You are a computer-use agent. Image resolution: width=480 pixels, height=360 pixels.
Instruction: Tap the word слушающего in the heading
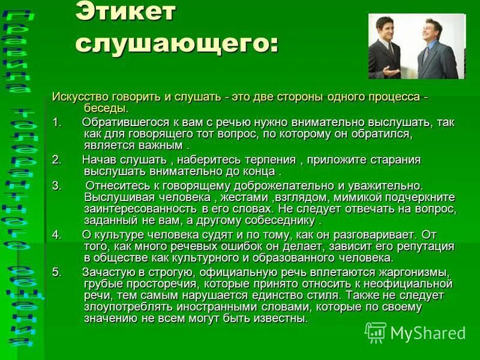(x=178, y=43)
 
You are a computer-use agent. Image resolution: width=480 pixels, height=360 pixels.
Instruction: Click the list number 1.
(x=56, y=122)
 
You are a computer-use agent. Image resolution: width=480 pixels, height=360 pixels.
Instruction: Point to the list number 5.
(x=56, y=272)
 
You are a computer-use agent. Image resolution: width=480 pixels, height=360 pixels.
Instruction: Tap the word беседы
(x=106, y=108)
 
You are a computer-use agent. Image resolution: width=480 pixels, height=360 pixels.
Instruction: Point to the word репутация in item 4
(x=421, y=247)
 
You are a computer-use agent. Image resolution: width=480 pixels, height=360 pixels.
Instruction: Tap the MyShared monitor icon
(x=376, y=332)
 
